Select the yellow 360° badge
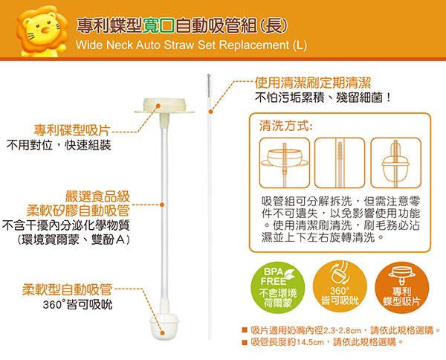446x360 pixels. (x=340, y=287)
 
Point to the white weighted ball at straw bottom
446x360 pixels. (x=166, y=324)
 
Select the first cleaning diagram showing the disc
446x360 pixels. (x=285, y=162)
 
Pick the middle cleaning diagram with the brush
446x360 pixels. (x=340, y=162)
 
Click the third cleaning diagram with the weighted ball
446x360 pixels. (x=395, y=162)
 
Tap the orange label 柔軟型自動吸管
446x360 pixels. (x=67, y=289)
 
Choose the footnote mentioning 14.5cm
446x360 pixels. (x=327, y=342)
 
